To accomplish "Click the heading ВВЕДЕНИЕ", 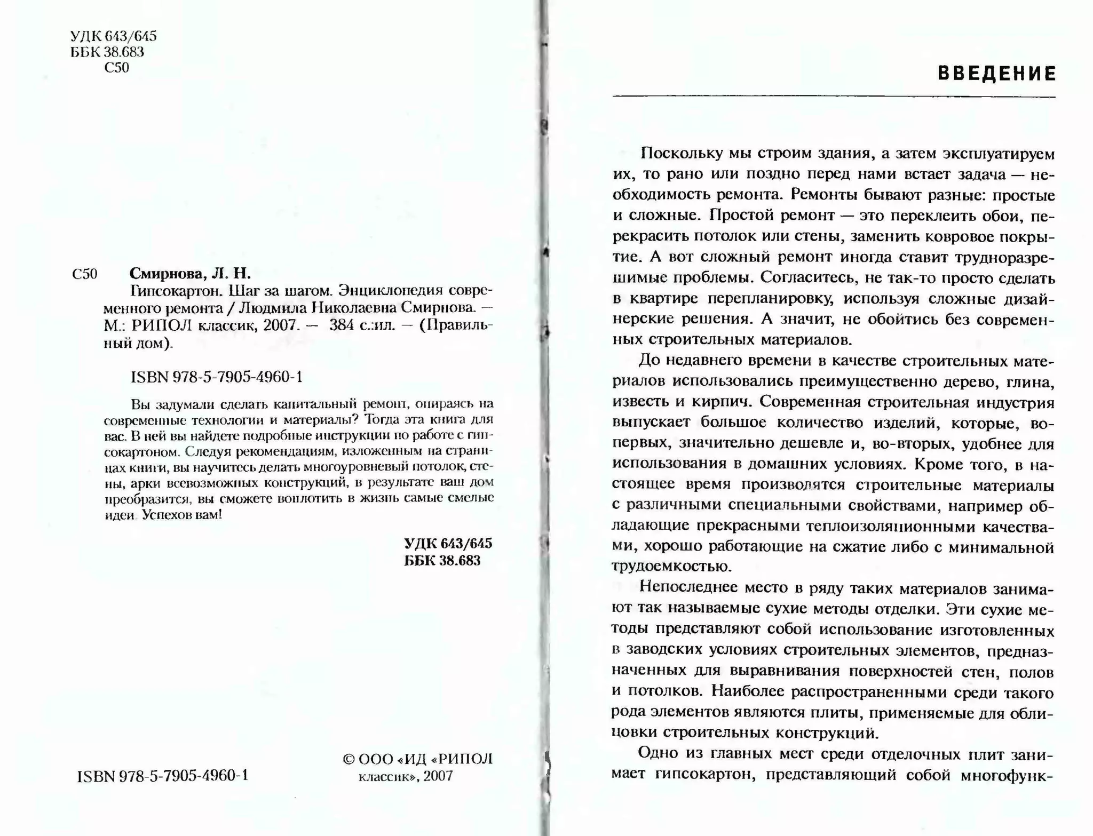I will [x=996, y=74].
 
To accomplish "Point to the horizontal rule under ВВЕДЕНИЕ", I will [x=834, y=97].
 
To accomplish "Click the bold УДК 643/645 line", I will [x=448, y=544].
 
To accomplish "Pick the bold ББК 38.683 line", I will [x=442, y=561].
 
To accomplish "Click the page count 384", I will [x=342, y=325].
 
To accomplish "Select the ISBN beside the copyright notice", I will [x=163, y=775].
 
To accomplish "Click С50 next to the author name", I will [x=84, y=274].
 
